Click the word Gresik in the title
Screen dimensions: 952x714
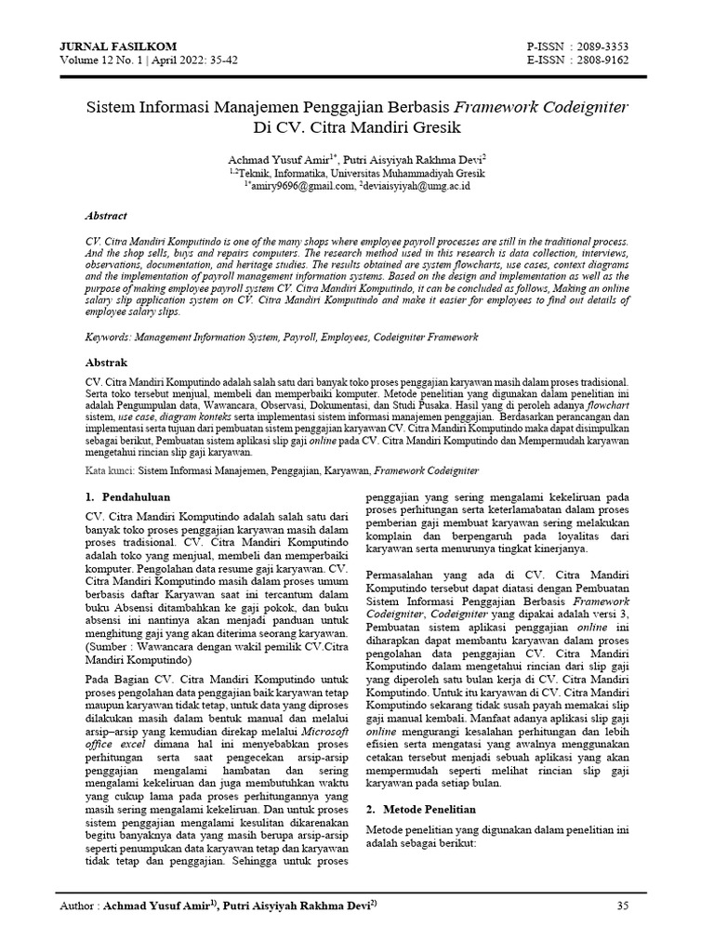[x=431, y=126]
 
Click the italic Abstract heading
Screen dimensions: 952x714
[x=105, y=215]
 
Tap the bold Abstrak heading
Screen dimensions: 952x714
[x=105, y=362]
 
